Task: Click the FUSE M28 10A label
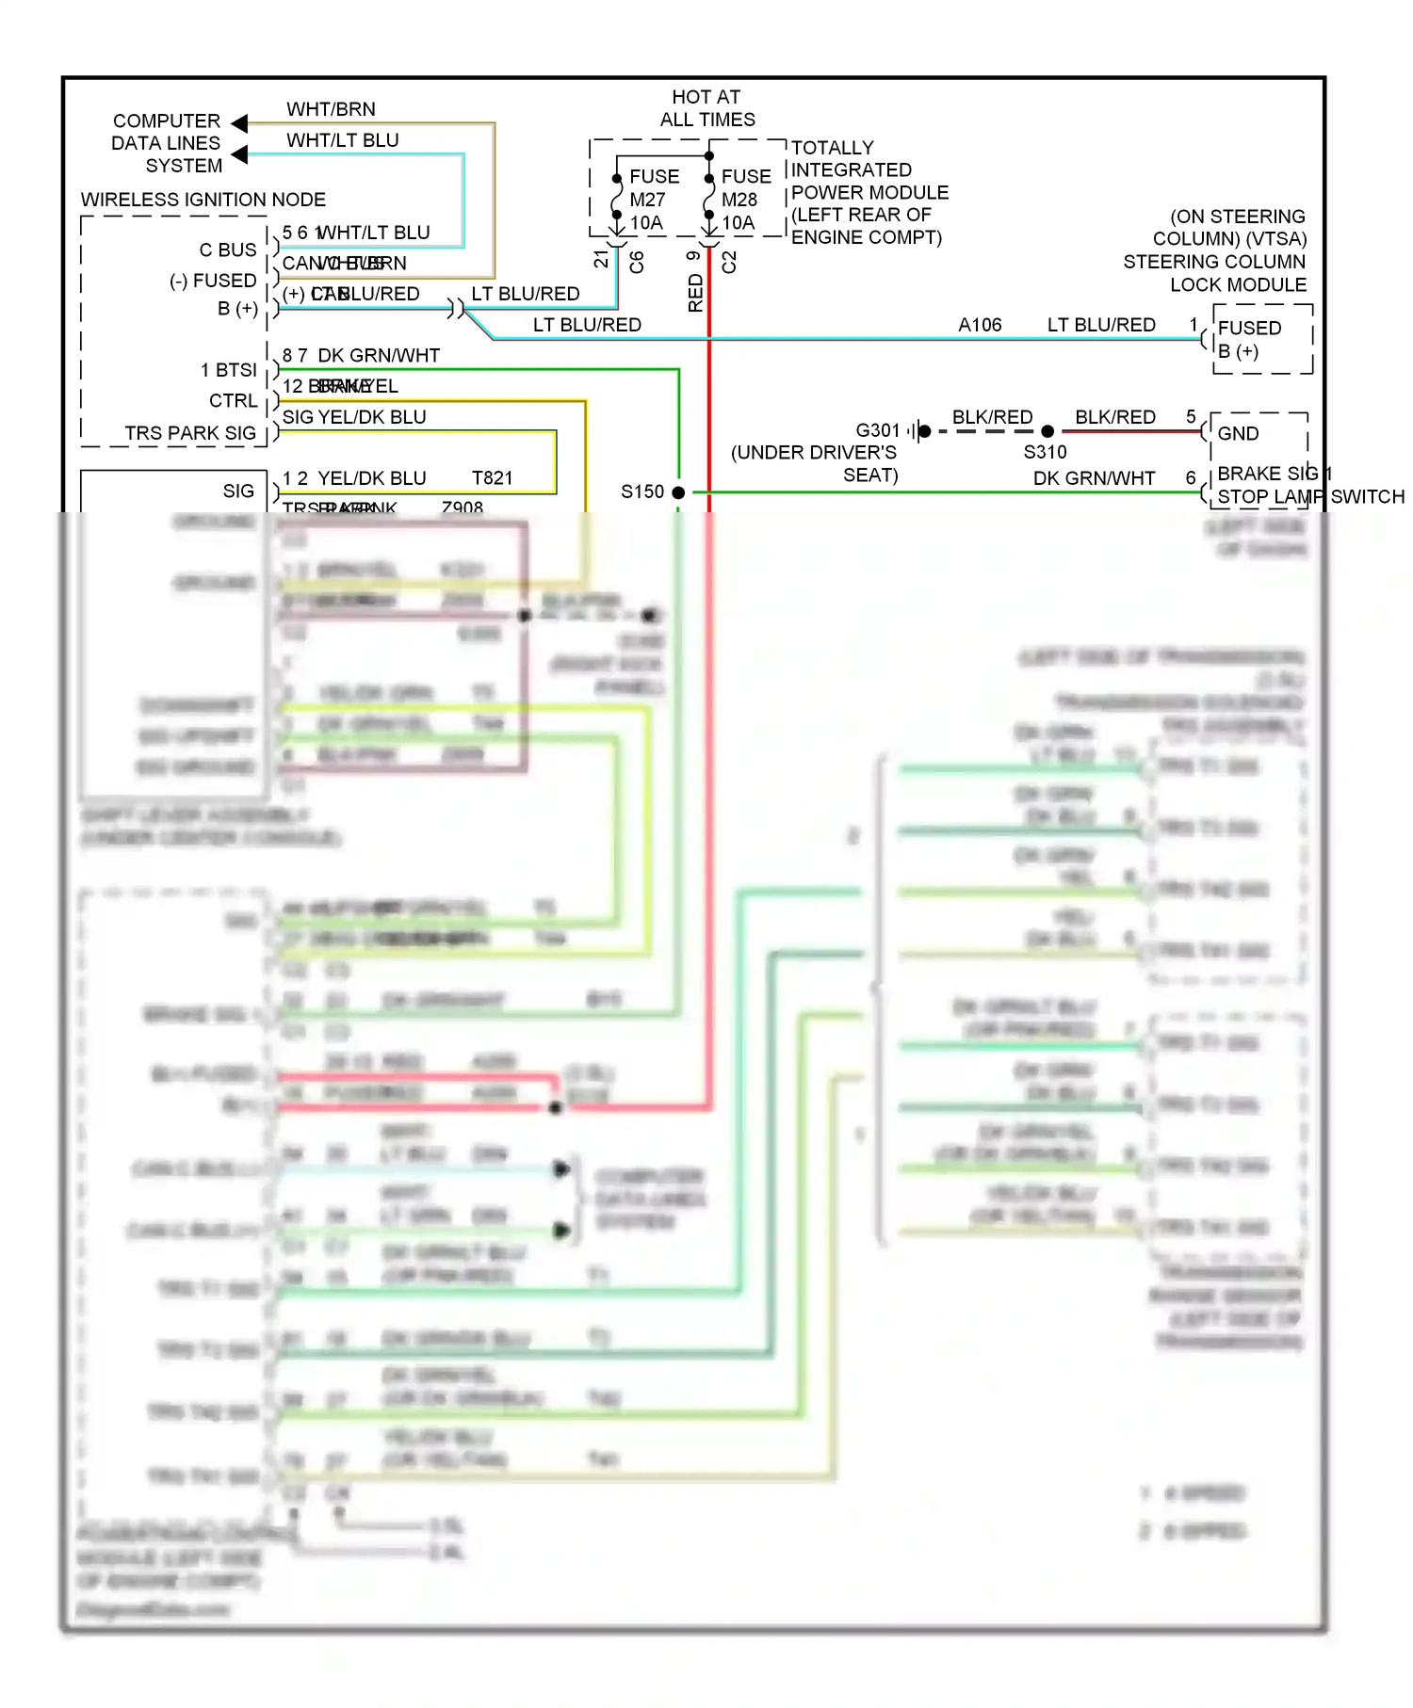745,200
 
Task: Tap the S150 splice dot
678,492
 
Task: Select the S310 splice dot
1048,431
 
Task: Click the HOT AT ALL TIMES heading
707,108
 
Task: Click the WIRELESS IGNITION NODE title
203,200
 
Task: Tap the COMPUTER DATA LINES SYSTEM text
167,143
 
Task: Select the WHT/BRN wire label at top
331,109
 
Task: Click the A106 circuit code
980,325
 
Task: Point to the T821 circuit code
493,478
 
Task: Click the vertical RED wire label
696,293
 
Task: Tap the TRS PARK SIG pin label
190,433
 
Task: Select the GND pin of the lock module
1238,433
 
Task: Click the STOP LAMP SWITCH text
1310,496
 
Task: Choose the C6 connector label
637,262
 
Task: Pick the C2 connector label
729,262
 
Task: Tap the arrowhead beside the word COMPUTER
239,123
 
